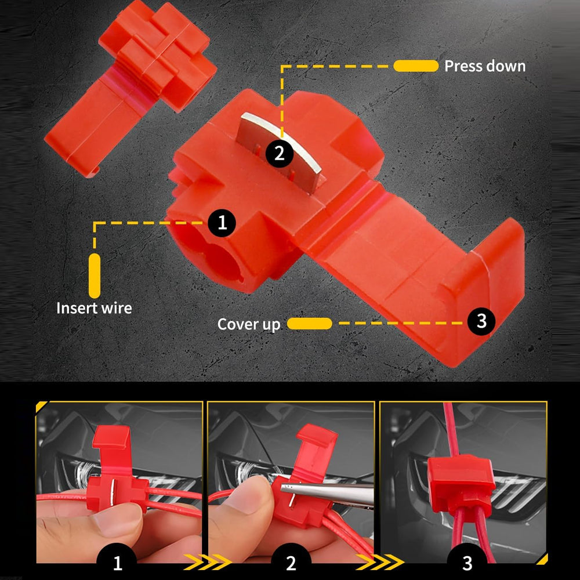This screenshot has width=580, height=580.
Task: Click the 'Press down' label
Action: [485, 66]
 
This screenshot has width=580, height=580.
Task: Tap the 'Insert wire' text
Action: [94, 308]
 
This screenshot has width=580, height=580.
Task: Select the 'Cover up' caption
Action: [249, 324]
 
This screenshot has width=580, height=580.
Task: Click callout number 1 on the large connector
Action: [222, 223]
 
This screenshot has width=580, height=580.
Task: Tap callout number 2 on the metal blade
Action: [280, 153]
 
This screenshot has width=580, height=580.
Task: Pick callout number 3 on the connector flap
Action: [481, 321]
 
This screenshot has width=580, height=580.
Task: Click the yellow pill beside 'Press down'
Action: [416, 66]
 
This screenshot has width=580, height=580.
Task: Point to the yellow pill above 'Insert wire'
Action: [95, 275]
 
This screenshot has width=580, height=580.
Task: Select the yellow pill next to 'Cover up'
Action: [310, 323]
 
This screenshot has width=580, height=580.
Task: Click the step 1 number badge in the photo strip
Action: [117, 561]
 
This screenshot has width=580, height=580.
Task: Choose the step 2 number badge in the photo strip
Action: [291, 561]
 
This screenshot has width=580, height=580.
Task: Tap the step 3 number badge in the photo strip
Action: [467, 561]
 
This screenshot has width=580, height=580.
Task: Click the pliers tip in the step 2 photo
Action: [282, 488]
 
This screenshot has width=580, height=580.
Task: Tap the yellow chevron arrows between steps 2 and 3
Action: [380, 562]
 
